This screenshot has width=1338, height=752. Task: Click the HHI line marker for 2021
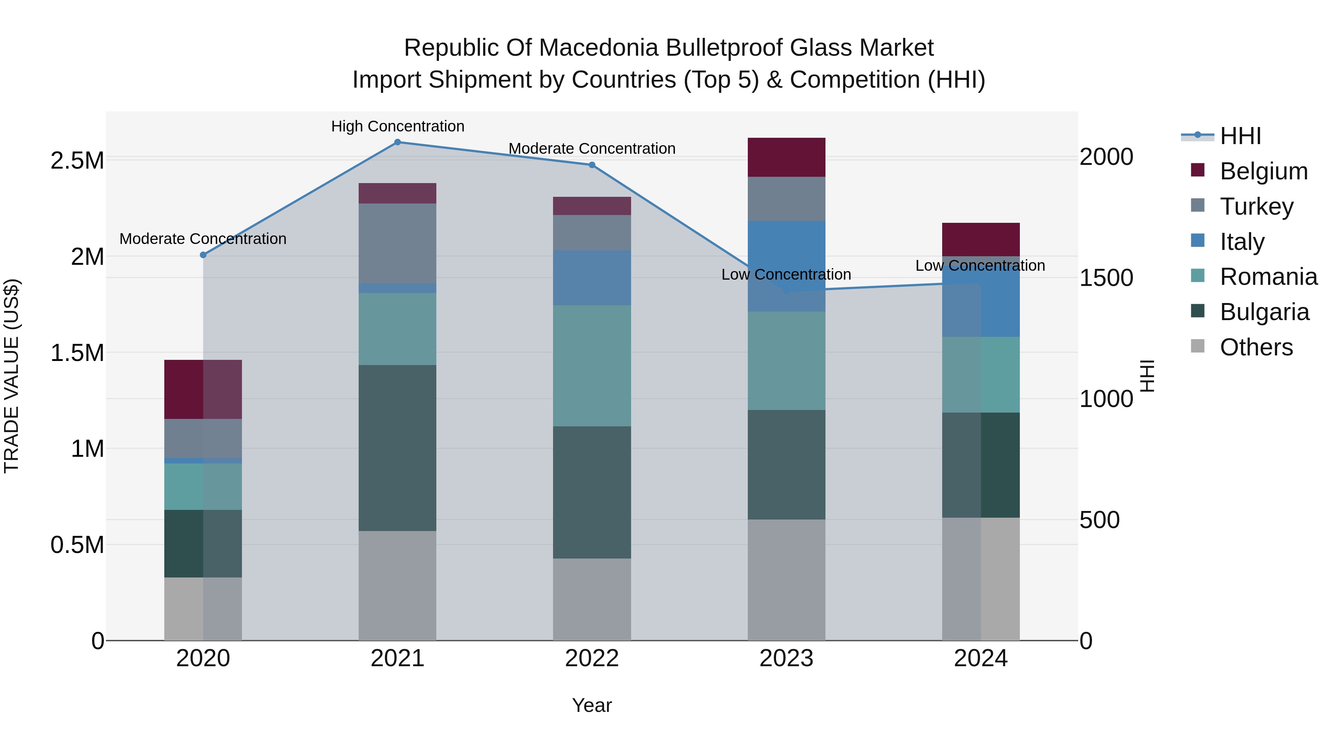point(397,142)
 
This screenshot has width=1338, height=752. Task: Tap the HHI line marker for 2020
point(203,255)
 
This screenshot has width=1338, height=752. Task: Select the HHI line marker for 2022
point(592,165)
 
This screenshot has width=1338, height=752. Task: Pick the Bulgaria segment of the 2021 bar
point(397,447)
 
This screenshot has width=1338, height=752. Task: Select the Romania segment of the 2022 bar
point(592,365)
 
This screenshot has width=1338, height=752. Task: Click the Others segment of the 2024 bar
point(981,579)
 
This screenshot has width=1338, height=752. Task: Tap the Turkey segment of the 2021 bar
point(397,243)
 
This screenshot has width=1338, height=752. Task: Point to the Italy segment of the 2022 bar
point(592,278)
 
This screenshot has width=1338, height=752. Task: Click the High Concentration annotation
point(397,126)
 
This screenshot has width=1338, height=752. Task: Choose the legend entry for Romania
point(1268,277)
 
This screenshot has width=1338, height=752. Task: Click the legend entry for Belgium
point(1263,171)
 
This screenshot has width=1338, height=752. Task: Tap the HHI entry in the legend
point(1240,136)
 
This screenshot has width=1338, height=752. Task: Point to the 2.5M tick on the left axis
point(77,160)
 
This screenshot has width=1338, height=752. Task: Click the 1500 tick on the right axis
point(1106,278)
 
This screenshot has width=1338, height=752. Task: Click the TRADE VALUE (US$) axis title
point(12,376)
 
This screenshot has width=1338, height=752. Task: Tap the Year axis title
point(592,705)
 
